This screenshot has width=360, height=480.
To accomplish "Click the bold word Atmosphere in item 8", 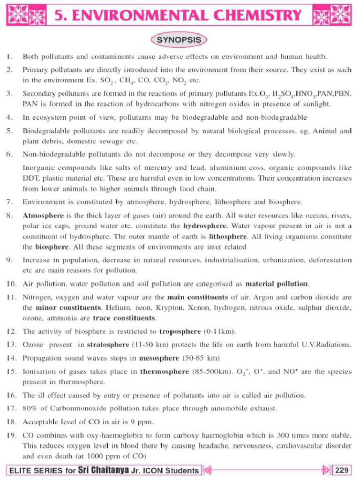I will [43, 216].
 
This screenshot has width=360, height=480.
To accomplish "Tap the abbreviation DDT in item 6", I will [31, 179].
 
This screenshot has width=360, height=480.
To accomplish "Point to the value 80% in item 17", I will [30, 408].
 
